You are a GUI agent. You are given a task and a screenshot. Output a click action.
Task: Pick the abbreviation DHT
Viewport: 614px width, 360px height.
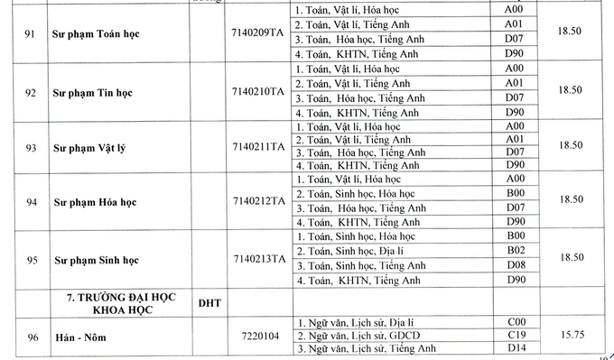[x=209, y=304]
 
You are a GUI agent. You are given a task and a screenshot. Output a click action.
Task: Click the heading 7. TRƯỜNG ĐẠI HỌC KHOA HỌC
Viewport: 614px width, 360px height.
[x=114, y=303]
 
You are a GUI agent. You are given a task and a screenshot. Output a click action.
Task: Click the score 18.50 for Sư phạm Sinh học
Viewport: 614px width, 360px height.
[x=570, y=257]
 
